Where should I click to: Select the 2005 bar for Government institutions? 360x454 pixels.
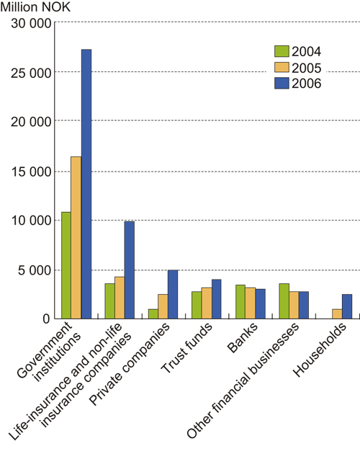(76, 237)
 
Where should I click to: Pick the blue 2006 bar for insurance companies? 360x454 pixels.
(130, 270)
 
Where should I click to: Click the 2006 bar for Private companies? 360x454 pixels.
(173, 294)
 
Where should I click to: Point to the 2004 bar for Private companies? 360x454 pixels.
(153, 313)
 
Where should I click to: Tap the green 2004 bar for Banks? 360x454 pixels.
(240, 301)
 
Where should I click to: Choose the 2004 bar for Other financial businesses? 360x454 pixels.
(284, 301)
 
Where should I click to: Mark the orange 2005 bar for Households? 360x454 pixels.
(337, 313)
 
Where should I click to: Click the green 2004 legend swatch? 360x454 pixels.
(281, 51)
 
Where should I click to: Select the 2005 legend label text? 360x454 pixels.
(307, 67)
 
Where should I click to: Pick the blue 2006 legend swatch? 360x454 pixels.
(281, 83)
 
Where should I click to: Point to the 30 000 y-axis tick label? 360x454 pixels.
(30, 23)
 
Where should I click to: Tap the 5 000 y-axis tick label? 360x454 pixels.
(34, 270)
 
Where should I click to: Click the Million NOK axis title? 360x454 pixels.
(37, 8)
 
